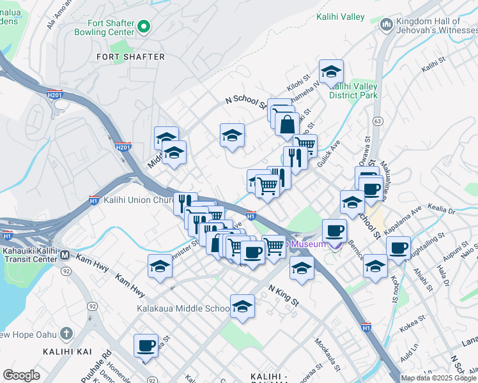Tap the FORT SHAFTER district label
pos(130,57)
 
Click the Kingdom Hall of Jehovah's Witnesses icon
pos(386,25)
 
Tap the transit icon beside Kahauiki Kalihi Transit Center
pos(65,255)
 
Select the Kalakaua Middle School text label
pos(183,309)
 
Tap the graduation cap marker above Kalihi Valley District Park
pos(331,72)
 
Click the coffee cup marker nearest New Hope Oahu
pos(146,346)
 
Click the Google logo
pos(22,375)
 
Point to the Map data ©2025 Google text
pos(438,378)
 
